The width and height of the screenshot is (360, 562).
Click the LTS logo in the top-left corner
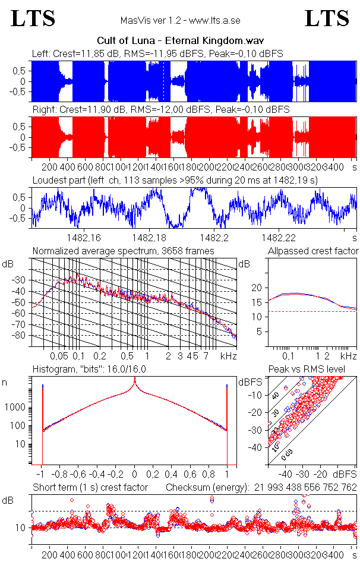click(x=33, y=18)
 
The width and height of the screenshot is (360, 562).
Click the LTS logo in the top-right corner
click(x=327, y=18)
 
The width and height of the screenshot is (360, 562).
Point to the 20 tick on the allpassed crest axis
click(x=257, y=288)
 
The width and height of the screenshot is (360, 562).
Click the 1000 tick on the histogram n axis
click(x=16, y=408)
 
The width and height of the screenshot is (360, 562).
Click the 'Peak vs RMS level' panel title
click(x=315, y=370)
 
